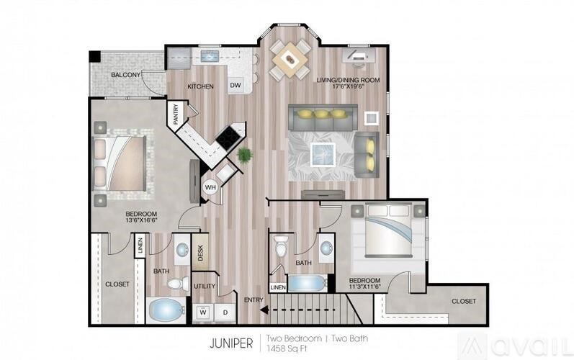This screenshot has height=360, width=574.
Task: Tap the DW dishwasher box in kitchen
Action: click(236, 85)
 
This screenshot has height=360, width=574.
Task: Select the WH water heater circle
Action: click(210, 187)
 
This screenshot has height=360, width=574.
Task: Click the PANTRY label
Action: click(175, 115)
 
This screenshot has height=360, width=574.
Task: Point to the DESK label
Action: click(200, 253)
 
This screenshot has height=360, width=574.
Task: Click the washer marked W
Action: click(203, 312)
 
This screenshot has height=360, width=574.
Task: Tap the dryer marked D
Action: click(224, 312)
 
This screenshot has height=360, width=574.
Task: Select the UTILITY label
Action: click(205, 286)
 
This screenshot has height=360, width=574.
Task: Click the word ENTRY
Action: click(253, 300)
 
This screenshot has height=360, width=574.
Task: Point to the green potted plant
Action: click(245, 154)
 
